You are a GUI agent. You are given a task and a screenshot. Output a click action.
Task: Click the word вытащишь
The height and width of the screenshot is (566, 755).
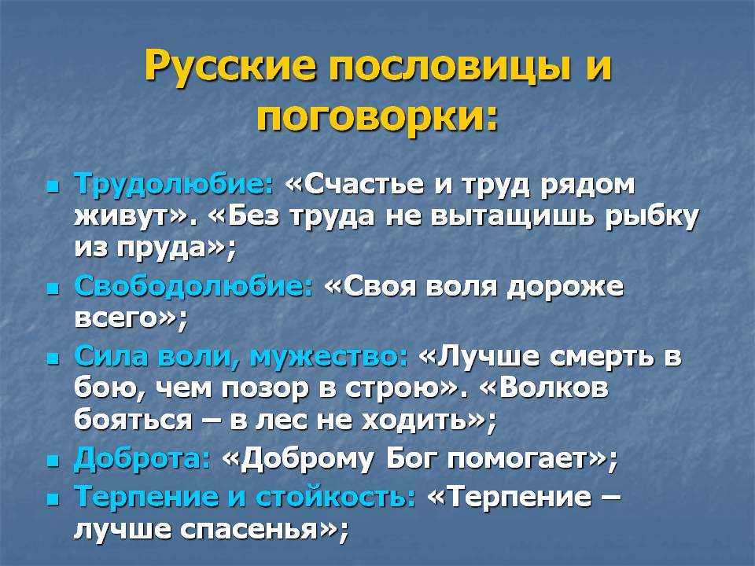pyautogui.click(x=512, y=218)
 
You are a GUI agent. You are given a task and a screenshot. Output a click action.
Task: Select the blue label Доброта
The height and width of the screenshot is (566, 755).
pyautogui.click(x=142, y=458)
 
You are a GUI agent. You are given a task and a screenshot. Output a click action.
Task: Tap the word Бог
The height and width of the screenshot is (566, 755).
pyautogui.click(x=411, y=458)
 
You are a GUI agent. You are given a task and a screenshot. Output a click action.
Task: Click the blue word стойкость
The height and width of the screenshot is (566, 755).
pyautogui.click(x=336, y=497)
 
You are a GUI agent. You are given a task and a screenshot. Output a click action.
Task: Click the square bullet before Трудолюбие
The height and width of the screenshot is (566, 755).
pyautogui.click(x=53, y=186)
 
